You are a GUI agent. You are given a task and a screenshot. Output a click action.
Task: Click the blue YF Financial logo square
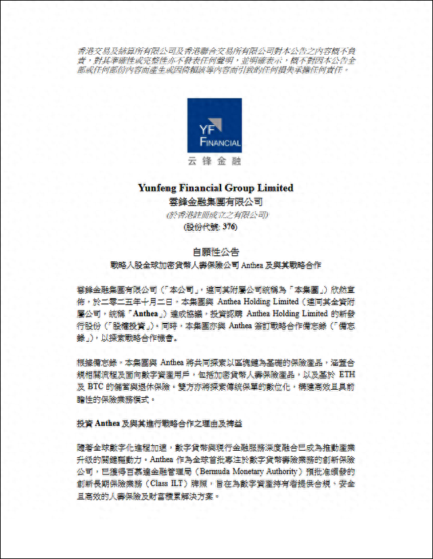[214, 126]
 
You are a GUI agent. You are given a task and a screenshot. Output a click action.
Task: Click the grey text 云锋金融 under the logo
[214, 162]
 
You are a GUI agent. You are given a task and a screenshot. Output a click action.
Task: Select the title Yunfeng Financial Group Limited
[216, 187]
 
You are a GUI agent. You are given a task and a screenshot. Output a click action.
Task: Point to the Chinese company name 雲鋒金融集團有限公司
[216, 201]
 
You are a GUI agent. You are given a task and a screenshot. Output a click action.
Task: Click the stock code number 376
[230, 227]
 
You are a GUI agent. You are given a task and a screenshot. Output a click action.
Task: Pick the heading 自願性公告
[216, 251]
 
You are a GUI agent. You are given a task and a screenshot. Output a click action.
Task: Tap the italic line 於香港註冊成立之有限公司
[216, 215]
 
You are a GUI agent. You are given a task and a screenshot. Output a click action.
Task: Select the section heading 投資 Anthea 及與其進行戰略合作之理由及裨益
[159, 422]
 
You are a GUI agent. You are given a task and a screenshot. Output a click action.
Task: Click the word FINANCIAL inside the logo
[221, 143]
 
